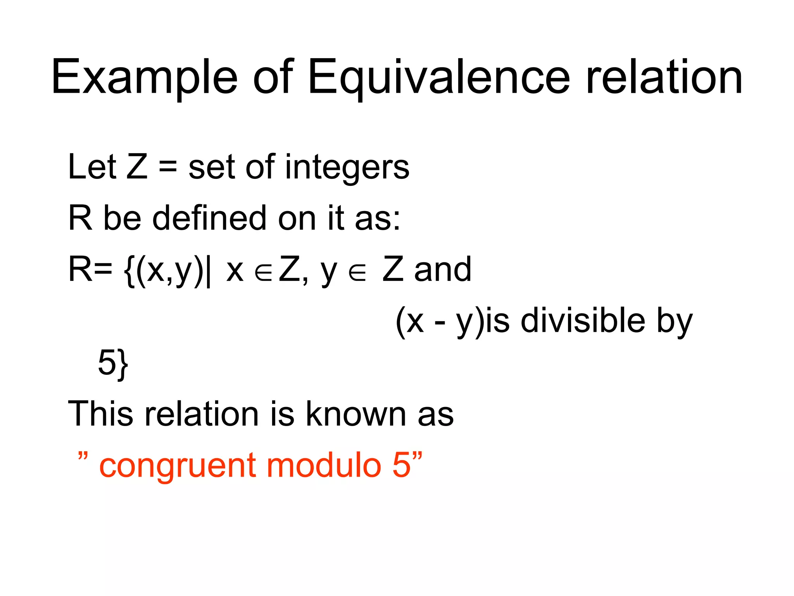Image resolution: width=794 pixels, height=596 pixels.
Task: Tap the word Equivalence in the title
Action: (x=438, y=78)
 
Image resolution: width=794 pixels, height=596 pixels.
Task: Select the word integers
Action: (x=347, y=168)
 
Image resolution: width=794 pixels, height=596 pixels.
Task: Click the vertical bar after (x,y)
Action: (x=209, y=270)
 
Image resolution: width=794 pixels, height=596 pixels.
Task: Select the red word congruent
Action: (x=176, y=466)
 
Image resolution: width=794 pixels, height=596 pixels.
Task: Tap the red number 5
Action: (x=401, y=465)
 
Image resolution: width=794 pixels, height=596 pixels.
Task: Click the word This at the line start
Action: (x=100, y=414)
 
